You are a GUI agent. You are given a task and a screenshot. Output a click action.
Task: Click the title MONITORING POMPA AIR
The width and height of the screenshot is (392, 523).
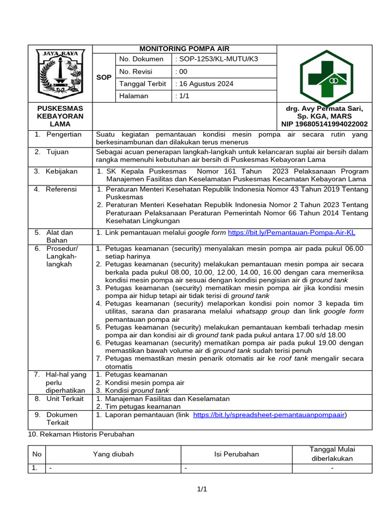pos(184,49)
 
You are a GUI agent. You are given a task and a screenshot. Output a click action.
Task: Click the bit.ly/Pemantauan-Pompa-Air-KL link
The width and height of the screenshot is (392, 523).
pos(291,233)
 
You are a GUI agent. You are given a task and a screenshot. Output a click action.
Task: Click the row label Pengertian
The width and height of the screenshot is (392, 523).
pos(64,134)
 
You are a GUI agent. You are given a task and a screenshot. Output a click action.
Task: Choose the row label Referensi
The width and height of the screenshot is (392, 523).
pos(61,189)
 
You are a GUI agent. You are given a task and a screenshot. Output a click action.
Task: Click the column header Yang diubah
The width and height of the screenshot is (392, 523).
pos(113,454)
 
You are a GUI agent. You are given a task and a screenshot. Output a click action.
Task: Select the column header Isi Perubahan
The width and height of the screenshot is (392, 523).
pos(236,454)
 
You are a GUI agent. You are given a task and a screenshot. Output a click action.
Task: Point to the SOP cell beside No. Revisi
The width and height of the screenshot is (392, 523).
pos(104,78)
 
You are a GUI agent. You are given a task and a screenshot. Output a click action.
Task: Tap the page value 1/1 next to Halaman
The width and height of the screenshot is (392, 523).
pos(182,96)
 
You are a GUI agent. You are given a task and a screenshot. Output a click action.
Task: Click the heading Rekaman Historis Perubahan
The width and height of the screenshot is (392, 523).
pos(81,434)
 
